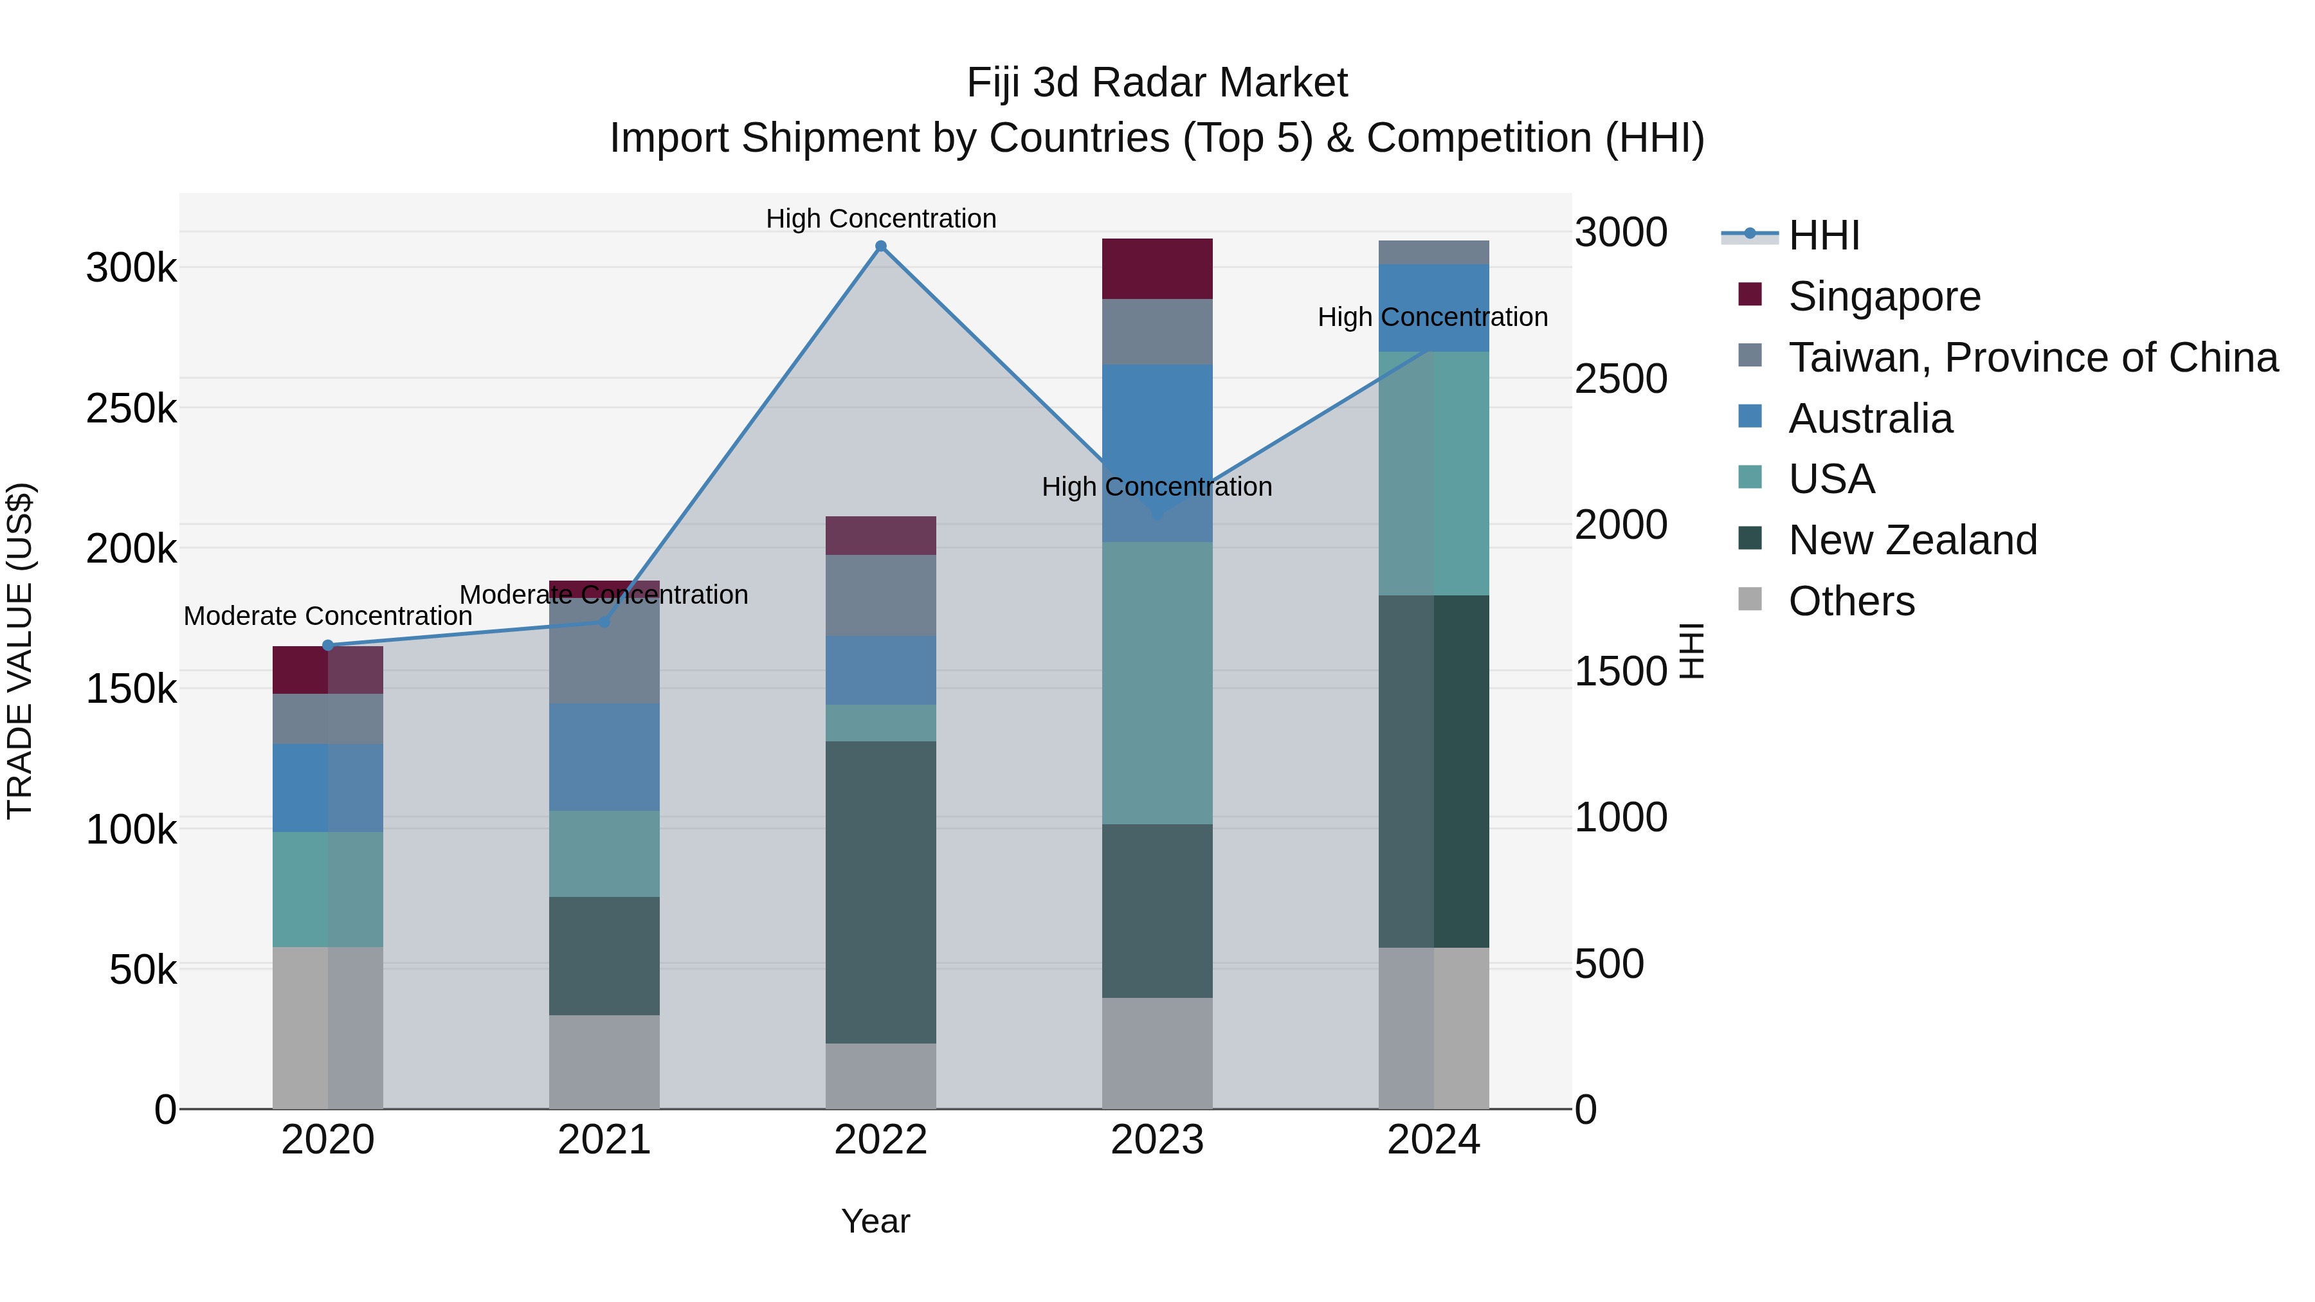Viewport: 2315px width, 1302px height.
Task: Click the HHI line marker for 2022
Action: point(881,246)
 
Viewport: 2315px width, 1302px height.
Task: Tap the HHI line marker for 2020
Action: point(328,645)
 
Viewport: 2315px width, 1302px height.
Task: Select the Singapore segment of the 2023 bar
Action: point(1157,269)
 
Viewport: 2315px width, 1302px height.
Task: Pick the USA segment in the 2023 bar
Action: point(1157,683)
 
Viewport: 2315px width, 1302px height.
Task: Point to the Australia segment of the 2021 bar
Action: point(604,757)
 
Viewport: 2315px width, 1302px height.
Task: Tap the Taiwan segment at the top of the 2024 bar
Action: point(1433,253)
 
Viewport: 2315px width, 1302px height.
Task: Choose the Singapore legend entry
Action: point(1884,296)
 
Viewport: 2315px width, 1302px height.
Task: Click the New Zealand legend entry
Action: point(1912,540)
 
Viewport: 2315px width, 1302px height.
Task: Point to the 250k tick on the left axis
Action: point(131,409)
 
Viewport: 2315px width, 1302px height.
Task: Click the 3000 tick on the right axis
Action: point(1621,233)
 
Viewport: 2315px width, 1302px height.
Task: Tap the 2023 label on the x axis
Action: point(1157,1140)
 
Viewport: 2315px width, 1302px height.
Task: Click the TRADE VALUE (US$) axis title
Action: point(20,651)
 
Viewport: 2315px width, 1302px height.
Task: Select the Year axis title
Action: point(875,1221)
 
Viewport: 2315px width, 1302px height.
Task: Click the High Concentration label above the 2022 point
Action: point(881,219)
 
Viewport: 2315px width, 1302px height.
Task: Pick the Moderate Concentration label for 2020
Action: point(328,617)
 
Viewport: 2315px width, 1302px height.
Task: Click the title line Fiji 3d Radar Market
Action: point(1157,83)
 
